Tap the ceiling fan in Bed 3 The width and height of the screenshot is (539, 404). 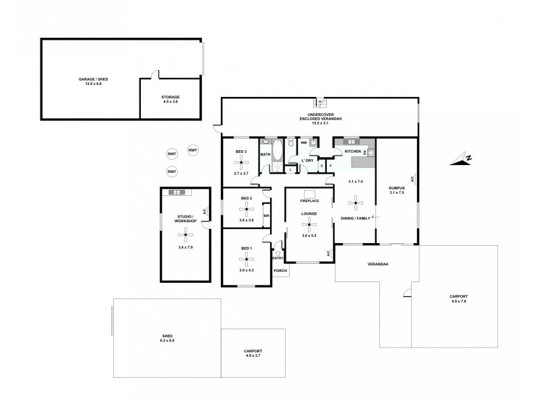(241, 162)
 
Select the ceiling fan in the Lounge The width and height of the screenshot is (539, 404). (309, 224)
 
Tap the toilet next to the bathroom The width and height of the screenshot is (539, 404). (290, 143)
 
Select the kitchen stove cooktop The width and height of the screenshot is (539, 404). (370, 153)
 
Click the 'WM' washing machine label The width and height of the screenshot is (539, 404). (304, 143)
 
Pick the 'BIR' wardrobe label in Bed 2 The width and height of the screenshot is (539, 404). (266, 215)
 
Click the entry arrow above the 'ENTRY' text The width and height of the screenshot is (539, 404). (278, 252)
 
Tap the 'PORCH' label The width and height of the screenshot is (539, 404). (280, 271)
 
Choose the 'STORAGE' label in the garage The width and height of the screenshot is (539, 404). (170, 97)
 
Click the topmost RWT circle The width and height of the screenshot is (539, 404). (193, 150)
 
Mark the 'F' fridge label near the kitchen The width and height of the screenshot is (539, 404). (331, 166)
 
